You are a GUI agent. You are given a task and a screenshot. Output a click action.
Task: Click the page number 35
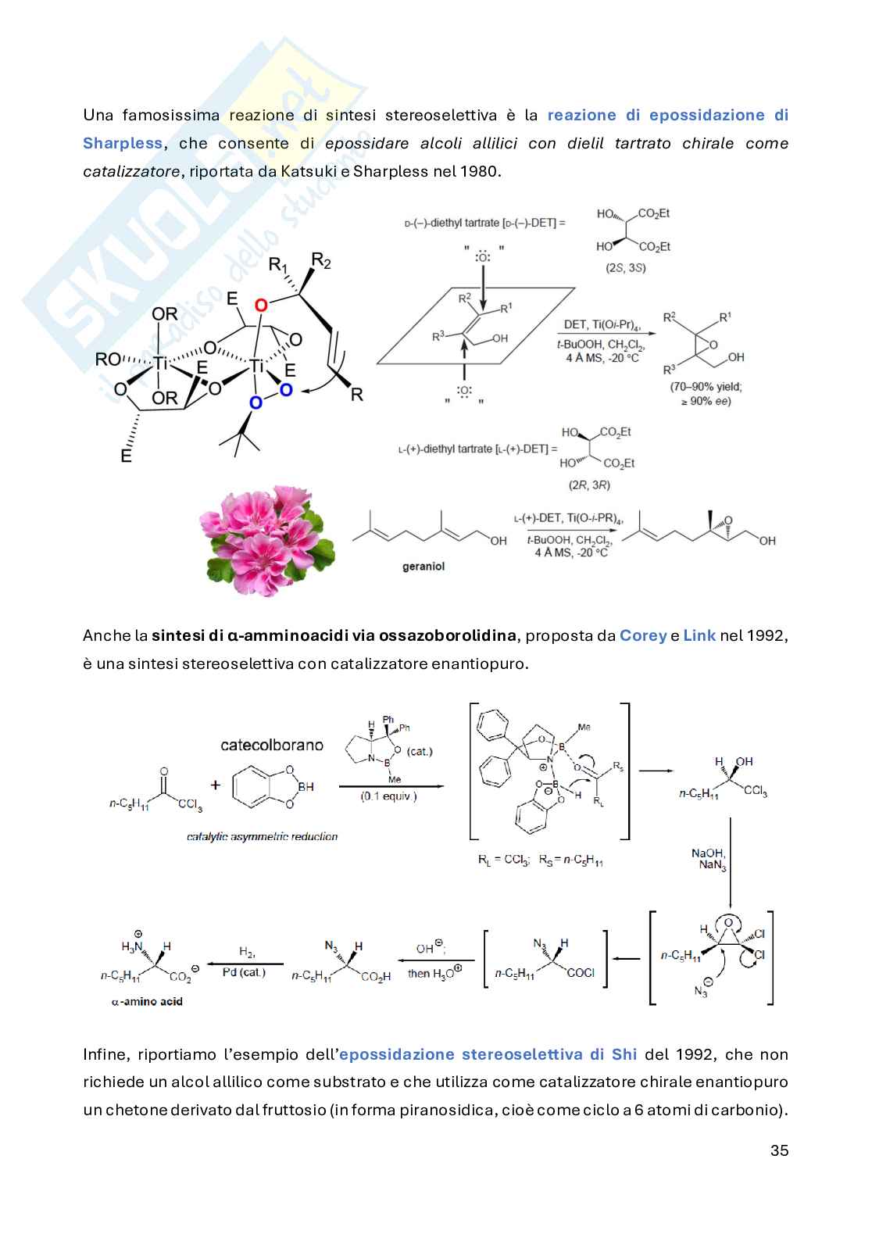[779, 1150]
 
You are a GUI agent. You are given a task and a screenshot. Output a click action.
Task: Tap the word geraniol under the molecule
[423, 566]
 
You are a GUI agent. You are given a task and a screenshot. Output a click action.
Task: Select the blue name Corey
[643, 635]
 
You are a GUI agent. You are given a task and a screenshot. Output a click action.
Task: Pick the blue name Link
[699, 635]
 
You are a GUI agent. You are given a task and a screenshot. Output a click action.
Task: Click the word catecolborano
[272, 745]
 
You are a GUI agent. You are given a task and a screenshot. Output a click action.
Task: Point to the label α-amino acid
[147, 1001]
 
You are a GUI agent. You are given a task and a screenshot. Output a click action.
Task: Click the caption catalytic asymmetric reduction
[263, 836]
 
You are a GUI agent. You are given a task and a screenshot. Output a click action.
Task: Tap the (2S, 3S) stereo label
[626, 267]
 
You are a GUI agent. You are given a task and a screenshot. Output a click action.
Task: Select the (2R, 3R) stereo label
[590, 485]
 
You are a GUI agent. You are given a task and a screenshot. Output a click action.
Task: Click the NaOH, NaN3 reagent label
[708, 860]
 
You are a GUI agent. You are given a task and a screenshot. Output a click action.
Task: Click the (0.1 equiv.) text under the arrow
[388, 796]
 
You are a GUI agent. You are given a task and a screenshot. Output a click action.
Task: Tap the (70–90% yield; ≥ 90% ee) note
[706, 393]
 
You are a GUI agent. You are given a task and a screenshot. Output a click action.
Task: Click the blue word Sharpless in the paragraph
[123, 143]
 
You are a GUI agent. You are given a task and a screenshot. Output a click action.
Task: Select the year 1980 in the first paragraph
[478, 171]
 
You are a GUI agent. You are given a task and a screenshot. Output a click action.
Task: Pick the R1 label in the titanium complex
[277, 266]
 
